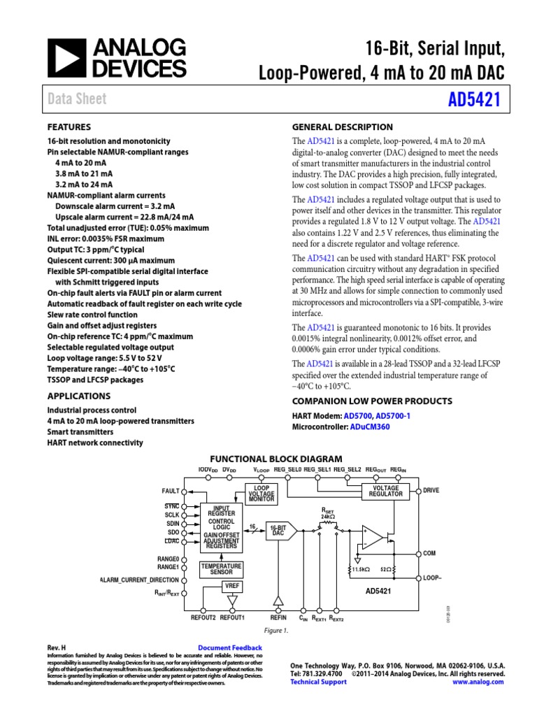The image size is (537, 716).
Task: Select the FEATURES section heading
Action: pyautogui.click(x=69, y=127)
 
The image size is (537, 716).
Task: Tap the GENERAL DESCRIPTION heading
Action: pyautogui.click(x=342, y=127)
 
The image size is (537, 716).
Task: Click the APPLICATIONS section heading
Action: pyautogui.click(x=78, y=396)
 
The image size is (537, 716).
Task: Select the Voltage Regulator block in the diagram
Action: pyautogui.click(x=386, y=491)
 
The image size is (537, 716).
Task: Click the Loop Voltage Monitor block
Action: pyautogui.click(x=260, y=492)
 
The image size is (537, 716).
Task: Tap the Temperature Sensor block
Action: pyautogui.click(x=221, y=568)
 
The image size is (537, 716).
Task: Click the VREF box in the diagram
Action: pyautogui.click(x=232, y=585)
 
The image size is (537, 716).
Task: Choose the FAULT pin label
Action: pyautogui.click(x=171, y=491)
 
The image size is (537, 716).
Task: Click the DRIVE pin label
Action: pyautogui.click(x=431, y=491)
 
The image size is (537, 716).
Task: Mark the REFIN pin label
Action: pyautogui.click(x=278, y=618)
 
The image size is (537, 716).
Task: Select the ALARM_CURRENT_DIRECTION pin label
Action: pyautogui.click(x=139, y=580)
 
